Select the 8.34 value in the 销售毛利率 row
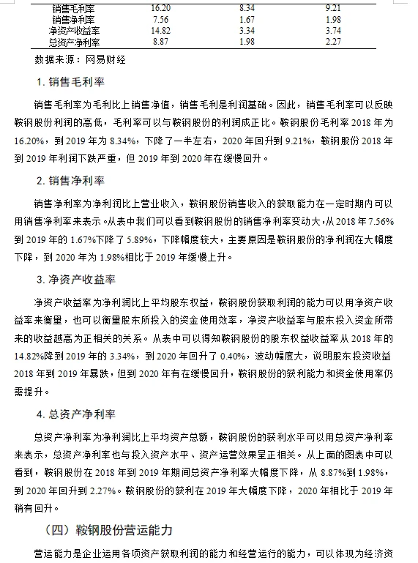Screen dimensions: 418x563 click(247, 7)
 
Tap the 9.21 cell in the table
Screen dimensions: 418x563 click(334, 7)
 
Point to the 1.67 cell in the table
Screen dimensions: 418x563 click(247, 19)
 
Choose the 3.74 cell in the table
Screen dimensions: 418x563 click(334, 31)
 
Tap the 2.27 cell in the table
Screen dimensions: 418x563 click(334, 42)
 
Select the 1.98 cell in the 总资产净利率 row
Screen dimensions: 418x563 click(247, 42)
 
